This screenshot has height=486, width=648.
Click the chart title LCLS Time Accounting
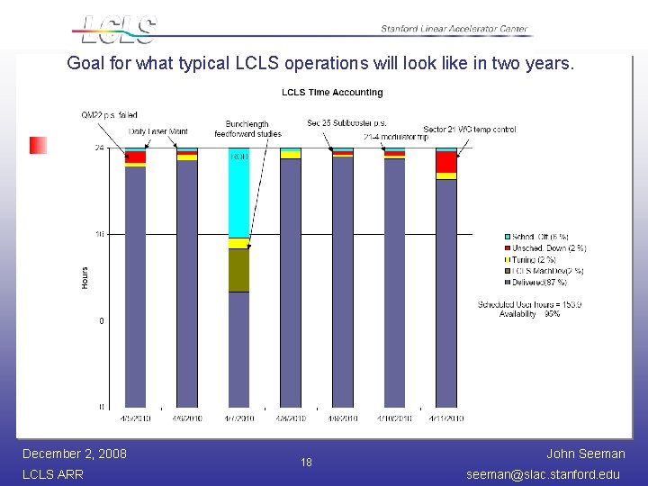click(332, 92)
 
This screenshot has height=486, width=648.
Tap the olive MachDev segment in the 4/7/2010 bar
click(238, 270)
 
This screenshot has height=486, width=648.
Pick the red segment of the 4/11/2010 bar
click(446, 162)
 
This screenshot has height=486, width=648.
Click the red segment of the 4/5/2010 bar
click(135, 157)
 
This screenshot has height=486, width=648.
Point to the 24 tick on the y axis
click(99, 148)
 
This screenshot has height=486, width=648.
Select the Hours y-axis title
click(85, 277)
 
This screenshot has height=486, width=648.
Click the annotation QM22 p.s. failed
click(109, 115)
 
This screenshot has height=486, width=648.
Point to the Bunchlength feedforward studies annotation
click(247, 129)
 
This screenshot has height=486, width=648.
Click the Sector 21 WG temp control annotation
click(469, 129)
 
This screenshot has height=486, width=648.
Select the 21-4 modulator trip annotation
click(395, 137)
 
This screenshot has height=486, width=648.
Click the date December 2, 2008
click(75, 454)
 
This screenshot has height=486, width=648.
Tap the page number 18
click(306, 463)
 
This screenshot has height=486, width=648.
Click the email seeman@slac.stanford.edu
click(544, 474)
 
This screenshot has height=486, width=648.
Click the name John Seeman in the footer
click(585, 454)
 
